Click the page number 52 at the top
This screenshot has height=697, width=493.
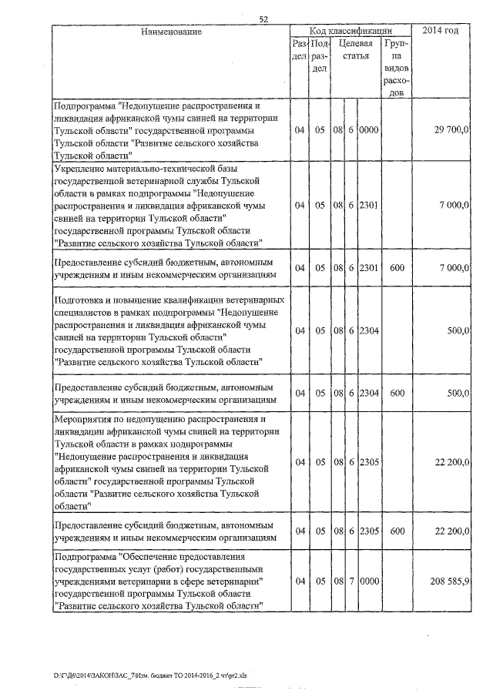[263, 19]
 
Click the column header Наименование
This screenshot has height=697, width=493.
[171, 32]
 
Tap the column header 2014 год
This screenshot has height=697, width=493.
[441, 31]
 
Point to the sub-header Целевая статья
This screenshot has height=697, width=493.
[357, 51]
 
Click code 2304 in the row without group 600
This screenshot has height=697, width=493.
[369, 330]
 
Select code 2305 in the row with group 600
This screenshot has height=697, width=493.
[369, 531]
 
